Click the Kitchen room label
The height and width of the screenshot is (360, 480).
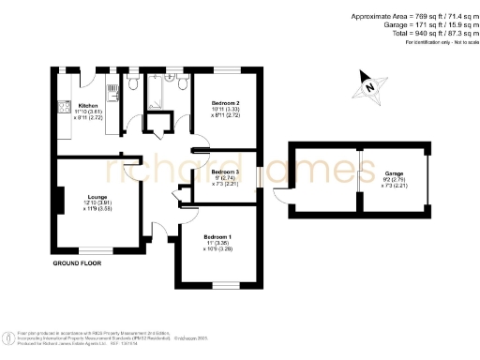coord(89,105)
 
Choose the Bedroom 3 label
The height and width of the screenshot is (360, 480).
coord(226,172)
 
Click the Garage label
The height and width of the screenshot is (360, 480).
coord(393,174)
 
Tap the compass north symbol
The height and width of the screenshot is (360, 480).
coord(370,88)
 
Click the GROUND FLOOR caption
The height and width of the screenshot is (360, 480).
coord(77,264)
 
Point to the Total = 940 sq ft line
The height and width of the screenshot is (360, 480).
coord(414,33)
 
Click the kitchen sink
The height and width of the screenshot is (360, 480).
coord(111,95)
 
